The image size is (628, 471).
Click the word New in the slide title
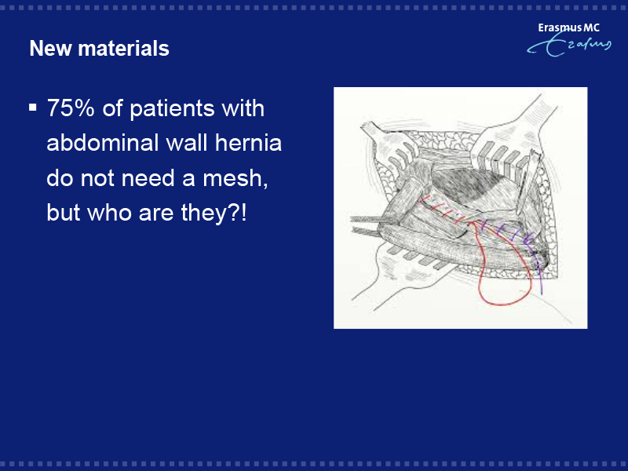coord(50,49)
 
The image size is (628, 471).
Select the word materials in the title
coord(124,49)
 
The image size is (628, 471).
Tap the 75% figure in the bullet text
coord(71,108)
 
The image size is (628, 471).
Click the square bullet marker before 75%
coord(33,108)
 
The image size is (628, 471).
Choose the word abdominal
coord(102,143)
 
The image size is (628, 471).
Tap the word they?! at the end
coord(214,213)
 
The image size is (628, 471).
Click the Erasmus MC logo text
coord(568,27)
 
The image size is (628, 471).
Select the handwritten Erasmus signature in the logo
coord(569,46)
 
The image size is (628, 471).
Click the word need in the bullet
coord(148,178)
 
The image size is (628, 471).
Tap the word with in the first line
coord(243,108)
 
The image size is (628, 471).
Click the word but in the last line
coord(63,213)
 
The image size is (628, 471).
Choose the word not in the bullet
coord(97,179)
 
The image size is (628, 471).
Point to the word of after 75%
coord(112,108)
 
